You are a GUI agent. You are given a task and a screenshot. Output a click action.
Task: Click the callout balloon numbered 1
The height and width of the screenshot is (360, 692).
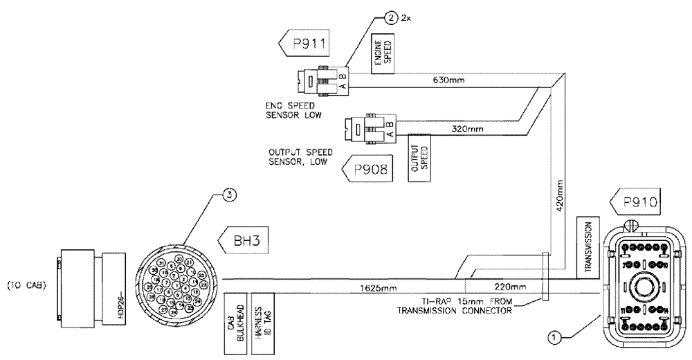(553, 338)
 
